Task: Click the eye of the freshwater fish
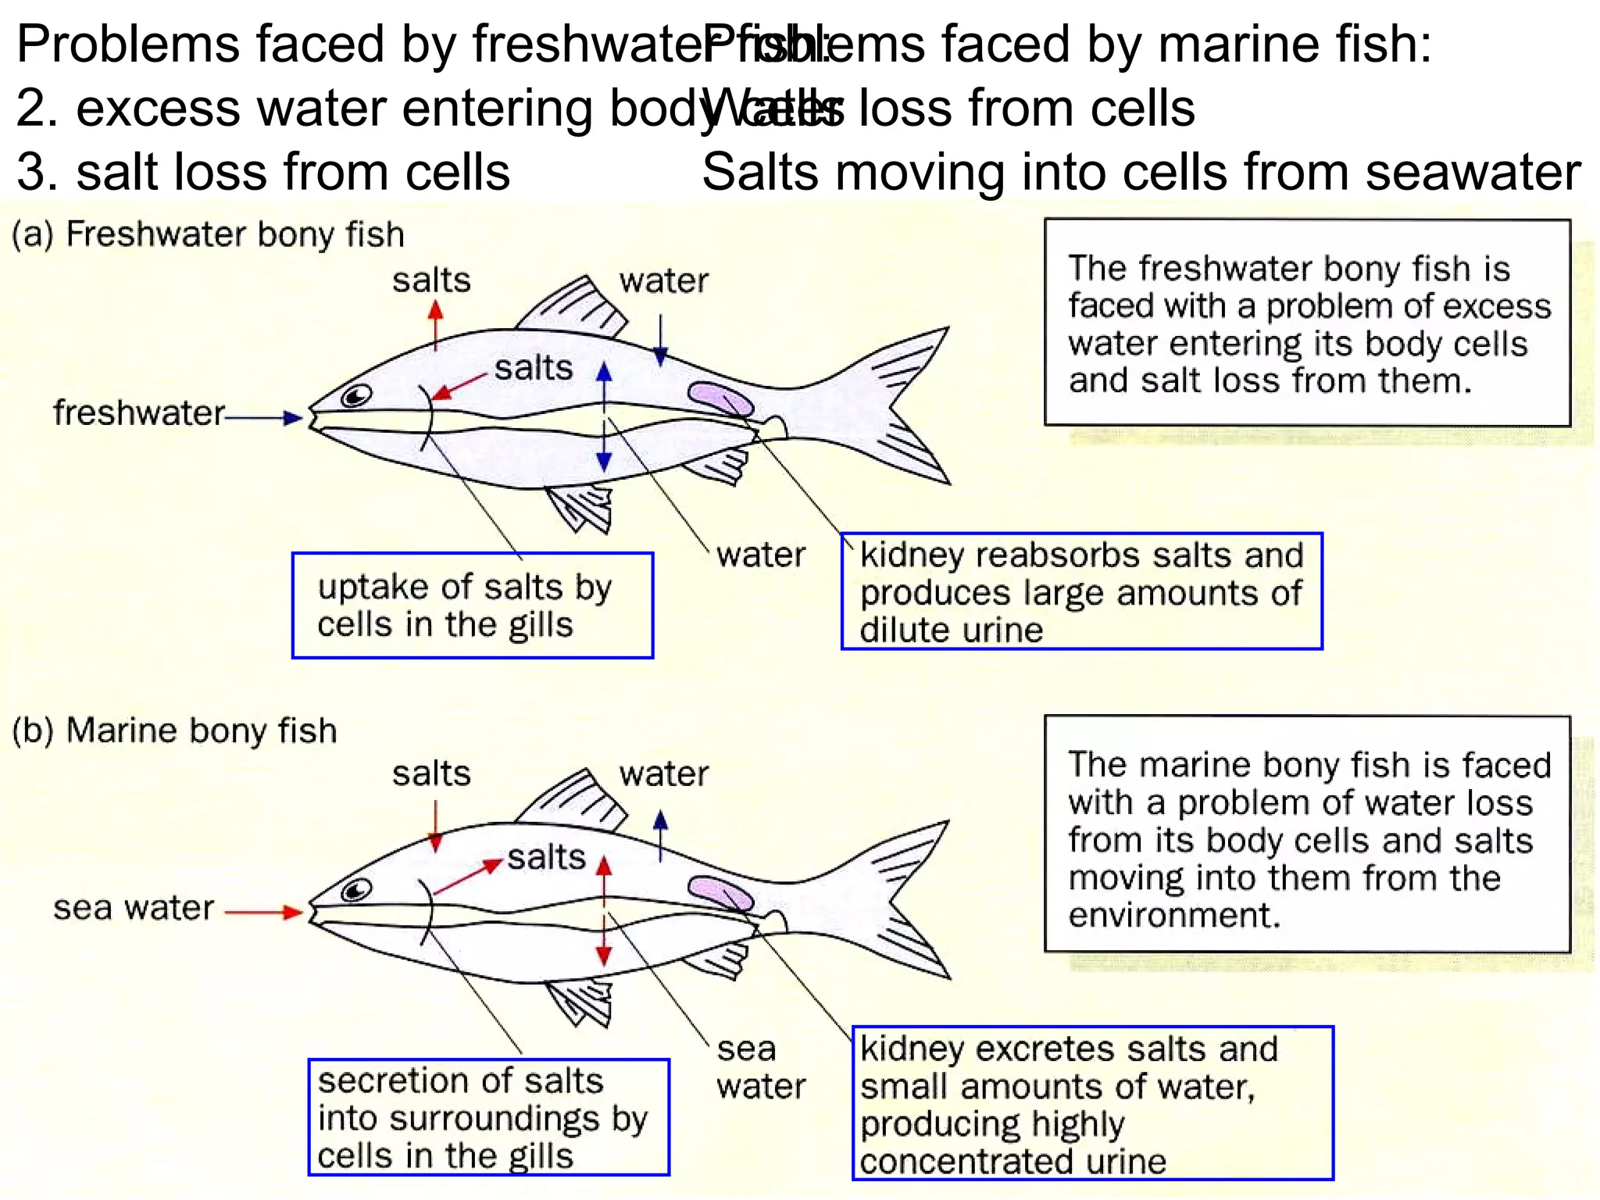pos(355,397)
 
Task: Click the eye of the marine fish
pos(355,891)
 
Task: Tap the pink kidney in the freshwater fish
pos(720,399)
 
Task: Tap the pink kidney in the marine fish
pos(720,893)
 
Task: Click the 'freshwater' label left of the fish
pos(139,412)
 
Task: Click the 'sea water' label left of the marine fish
pos(134,908)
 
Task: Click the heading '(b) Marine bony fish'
pos(175,730)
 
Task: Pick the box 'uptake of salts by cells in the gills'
pos(472,605)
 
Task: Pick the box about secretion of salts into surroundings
pos(488,1117)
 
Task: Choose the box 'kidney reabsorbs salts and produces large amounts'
pos(1081,591)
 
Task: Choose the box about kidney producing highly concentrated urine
pos(1091,1103)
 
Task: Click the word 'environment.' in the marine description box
pos(1174,915)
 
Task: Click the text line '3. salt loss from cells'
pos(263,172)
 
